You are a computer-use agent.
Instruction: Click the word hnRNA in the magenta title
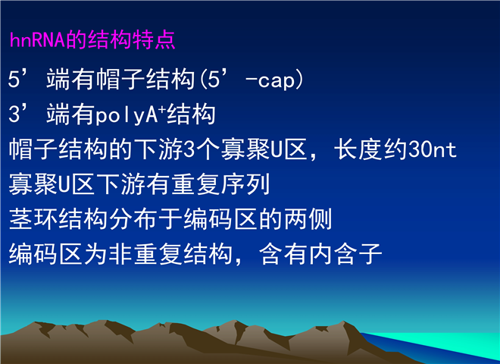point(38,40)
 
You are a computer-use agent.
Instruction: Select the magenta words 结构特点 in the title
point(131,40)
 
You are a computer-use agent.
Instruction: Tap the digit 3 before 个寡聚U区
point(189,149)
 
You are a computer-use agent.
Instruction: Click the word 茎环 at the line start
point(33,219)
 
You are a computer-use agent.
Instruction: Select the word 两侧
point(308,219)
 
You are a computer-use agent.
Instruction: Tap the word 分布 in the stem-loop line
point(133,219)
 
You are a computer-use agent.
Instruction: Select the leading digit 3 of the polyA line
point(14,115)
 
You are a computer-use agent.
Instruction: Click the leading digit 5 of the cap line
point(14,80)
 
